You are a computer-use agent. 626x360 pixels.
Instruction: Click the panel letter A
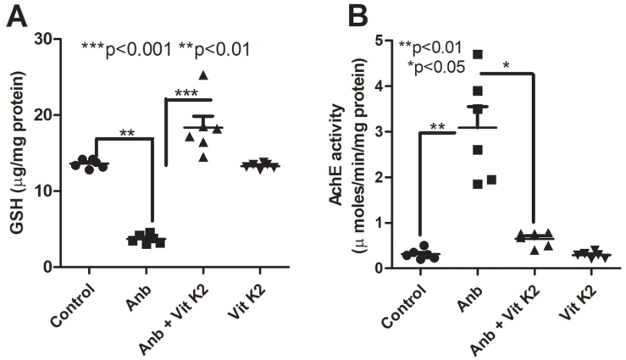16,16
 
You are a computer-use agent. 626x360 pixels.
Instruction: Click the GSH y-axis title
16,152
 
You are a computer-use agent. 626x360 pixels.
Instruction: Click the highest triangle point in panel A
202,76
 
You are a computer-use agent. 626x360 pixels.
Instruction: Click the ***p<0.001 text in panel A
125,49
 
